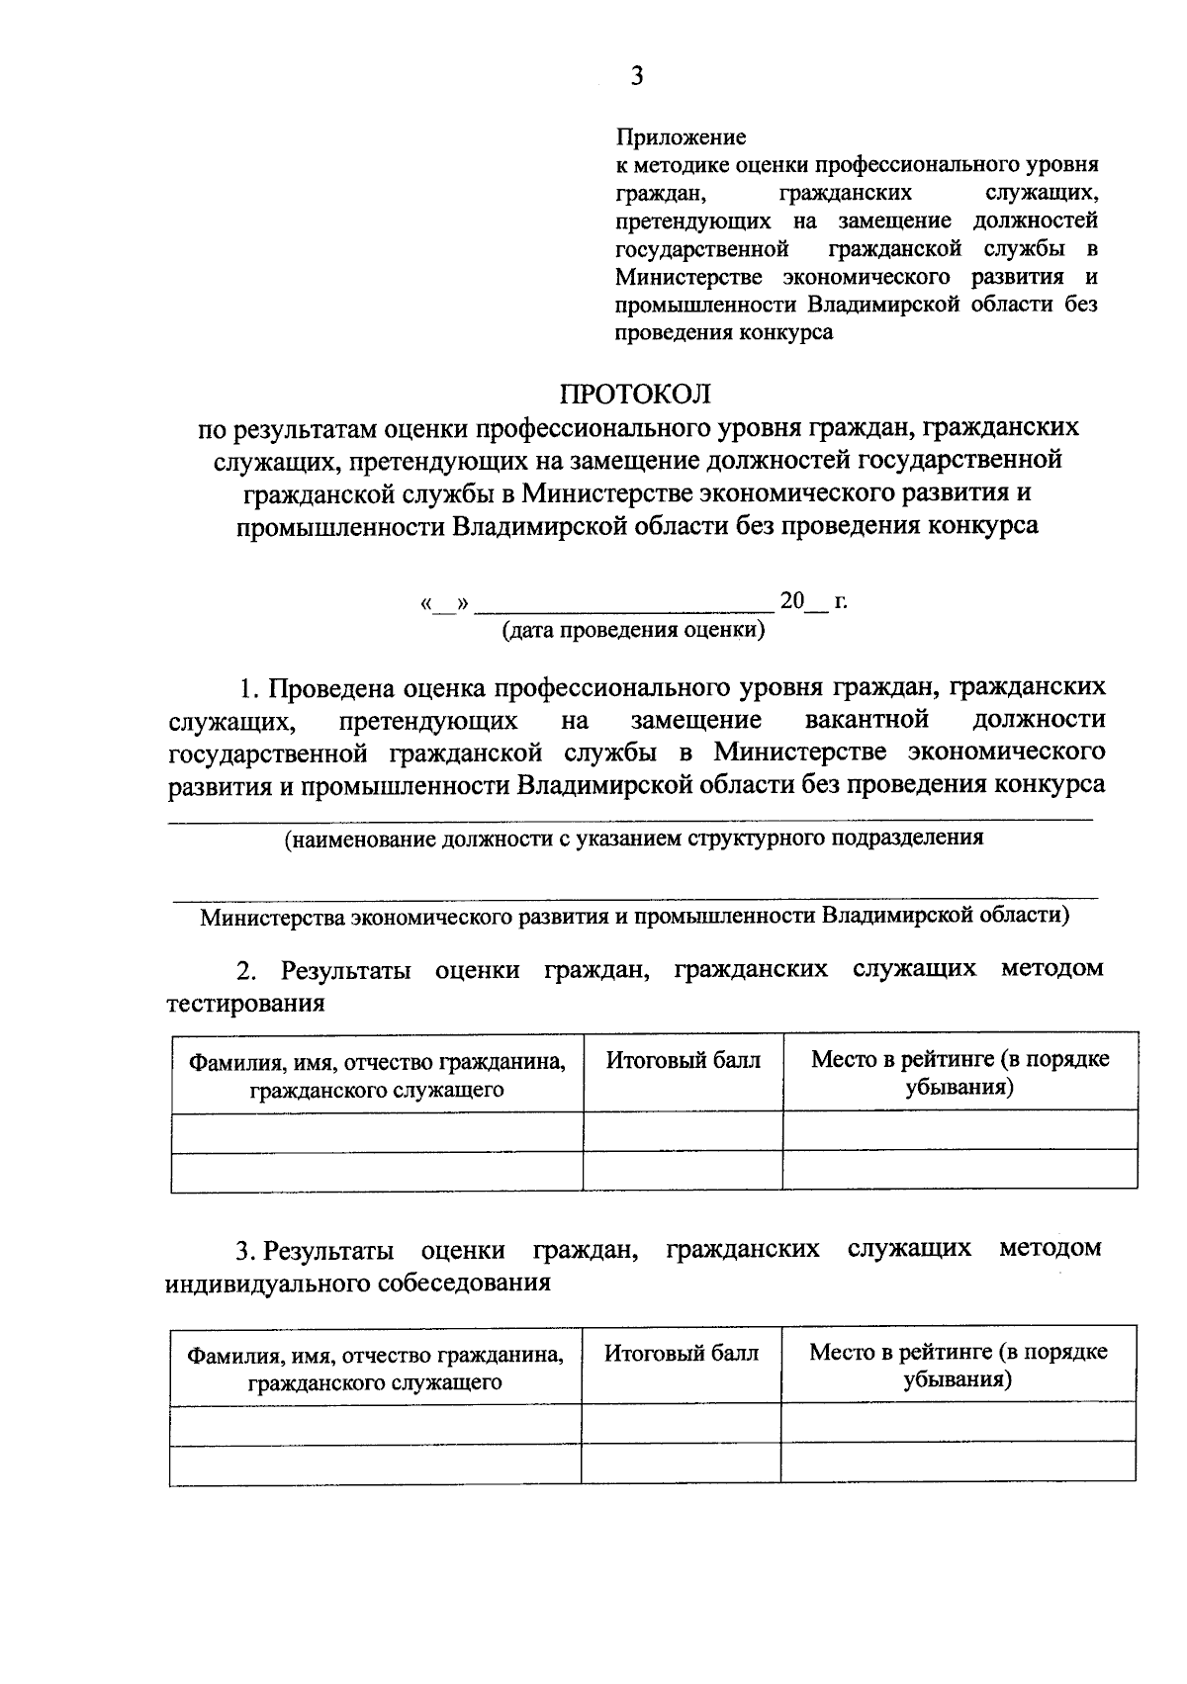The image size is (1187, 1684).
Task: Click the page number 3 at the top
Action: pos(636,76)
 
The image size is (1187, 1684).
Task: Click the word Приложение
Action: pos(681,136)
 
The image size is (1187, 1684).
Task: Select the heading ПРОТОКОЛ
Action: pos(636,394)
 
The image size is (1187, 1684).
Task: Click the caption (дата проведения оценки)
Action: pos(633,630)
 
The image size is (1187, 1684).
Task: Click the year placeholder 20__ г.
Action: pos(813,601)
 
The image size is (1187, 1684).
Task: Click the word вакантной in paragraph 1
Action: pos(867,718)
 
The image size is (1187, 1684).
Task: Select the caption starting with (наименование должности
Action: pos(633,839)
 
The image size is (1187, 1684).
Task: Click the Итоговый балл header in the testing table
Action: pos(683,1061)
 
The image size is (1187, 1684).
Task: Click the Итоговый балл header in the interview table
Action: pos(681,1353)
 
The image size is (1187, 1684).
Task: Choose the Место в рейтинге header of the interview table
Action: pos(958,1366)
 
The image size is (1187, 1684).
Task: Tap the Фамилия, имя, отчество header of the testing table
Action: pos(377,1076)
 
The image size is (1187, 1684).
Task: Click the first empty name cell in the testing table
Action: pos(377,1130)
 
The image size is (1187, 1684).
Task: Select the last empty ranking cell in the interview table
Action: pos(958,1463)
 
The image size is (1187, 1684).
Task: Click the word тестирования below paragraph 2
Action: pos(246,1004)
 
